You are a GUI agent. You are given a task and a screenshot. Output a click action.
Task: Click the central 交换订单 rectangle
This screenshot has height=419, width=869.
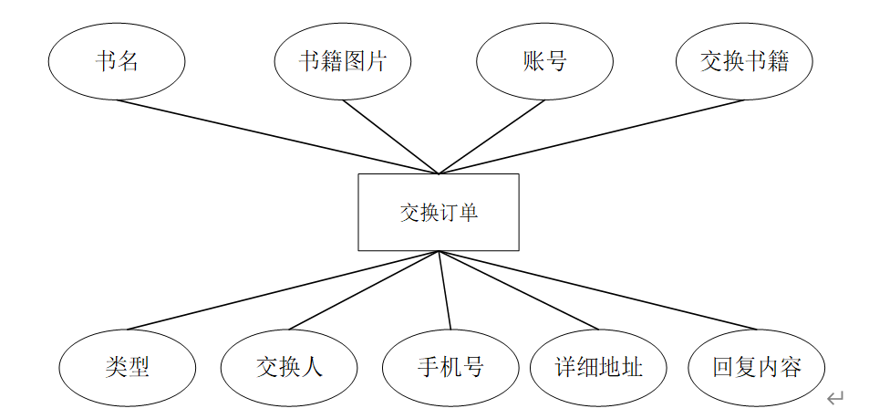(438, 212)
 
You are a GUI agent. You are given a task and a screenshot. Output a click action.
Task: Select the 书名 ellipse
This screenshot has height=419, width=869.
(117, 61)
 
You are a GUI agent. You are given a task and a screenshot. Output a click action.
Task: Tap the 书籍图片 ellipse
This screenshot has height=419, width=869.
(343, 61)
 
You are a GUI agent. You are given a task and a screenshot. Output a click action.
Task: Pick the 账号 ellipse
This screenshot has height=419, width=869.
(544, 61)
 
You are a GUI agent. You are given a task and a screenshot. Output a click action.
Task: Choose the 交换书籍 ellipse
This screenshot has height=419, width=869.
(744, 61)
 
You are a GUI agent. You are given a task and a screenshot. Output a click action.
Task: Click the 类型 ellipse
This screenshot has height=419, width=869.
(128, 367)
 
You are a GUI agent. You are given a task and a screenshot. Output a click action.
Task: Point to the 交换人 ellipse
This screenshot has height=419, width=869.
(289, 367)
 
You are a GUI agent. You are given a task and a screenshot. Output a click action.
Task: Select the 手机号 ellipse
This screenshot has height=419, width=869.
(450, 367)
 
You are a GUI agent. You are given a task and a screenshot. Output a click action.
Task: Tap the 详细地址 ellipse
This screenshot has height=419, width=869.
(598, 367)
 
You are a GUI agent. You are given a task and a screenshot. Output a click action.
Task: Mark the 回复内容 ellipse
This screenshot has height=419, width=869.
(757, 367)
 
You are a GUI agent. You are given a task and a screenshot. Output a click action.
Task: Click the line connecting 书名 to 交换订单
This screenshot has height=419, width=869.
(277, 136)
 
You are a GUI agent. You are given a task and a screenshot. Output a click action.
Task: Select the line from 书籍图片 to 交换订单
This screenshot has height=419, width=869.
(390, 136)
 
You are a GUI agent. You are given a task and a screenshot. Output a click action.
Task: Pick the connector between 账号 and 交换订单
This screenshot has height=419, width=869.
(491, 136)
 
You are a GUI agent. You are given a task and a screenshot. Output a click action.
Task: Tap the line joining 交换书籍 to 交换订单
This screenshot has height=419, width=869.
(591, 136)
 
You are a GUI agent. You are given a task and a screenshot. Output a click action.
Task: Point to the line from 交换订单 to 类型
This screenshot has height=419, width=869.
(283, 290)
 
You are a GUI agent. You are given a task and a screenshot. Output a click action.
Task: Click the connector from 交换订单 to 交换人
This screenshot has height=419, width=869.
(364, 290)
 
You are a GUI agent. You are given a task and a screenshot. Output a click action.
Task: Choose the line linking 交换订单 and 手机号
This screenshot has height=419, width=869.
(444, 290)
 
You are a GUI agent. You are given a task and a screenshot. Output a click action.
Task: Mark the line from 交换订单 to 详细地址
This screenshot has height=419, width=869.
(518, 290)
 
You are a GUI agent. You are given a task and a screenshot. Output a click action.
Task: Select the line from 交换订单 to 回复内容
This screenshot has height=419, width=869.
(597, 290)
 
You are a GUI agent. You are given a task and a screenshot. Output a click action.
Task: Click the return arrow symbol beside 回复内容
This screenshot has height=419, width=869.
(835, 397)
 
